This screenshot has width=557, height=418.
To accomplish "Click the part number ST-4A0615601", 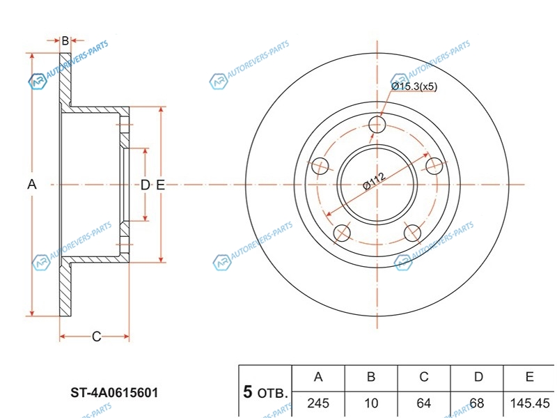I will [115, 393].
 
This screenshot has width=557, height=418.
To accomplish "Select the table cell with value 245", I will [318, 403].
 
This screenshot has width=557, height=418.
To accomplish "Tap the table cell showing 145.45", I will [530, 403].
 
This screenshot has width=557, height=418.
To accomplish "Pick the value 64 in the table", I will [424, 403].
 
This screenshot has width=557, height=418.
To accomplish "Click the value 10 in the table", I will [371, 403].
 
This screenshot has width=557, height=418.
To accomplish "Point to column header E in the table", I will [530, 377].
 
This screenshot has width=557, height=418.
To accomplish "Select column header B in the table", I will [371, 377].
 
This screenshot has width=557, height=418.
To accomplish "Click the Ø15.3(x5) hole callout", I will [414, 86].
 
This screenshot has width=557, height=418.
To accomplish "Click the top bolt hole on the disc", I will [377, 125].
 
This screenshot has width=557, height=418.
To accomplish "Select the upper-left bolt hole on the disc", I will [320, 166].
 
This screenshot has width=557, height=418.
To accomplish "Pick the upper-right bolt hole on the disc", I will [434, 166].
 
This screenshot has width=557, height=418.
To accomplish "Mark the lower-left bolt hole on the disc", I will [342, 233].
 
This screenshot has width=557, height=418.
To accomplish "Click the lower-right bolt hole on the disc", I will [412, 233].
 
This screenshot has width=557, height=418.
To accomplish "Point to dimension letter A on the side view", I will [31, 185].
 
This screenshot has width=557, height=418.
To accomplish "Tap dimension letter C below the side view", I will [96, 337].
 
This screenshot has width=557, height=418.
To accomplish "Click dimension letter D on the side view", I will [145, 185].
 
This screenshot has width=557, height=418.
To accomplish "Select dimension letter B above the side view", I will [65, 41].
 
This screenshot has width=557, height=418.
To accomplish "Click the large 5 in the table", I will [248, 392].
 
